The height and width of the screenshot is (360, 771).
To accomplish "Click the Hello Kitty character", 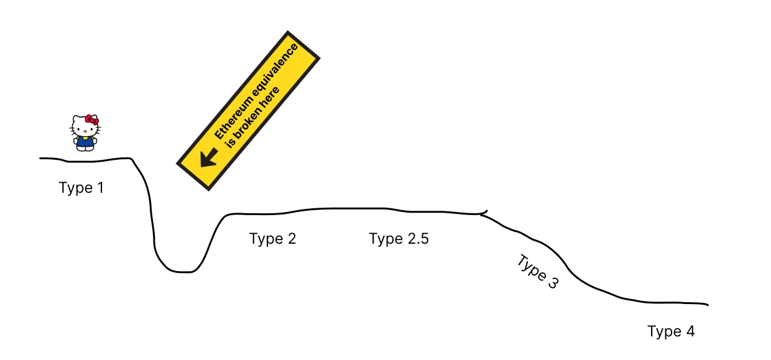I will click(x=85, y=132).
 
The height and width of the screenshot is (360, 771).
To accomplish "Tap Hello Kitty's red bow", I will click(x=92, y=119).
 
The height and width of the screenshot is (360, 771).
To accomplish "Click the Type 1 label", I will click(x=81, y=187).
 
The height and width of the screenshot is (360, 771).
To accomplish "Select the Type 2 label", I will click(x=272, y=239).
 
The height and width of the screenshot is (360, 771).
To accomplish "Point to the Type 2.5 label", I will click(x=399, y=239).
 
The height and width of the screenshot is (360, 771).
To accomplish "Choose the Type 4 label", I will click(x=670, y=331).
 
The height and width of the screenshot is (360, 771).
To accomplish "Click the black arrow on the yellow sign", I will click(x=208, y=157).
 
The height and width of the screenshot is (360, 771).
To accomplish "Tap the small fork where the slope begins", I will click(x=483, y=213).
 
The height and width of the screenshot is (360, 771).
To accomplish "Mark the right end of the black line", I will click(x=708, y=305).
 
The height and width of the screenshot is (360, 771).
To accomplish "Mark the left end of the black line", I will click(x=41, y=158).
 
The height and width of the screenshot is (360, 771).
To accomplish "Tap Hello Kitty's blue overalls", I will click(x=85, y=142).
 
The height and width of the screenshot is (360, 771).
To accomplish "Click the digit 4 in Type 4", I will click(x=689, y=331).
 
